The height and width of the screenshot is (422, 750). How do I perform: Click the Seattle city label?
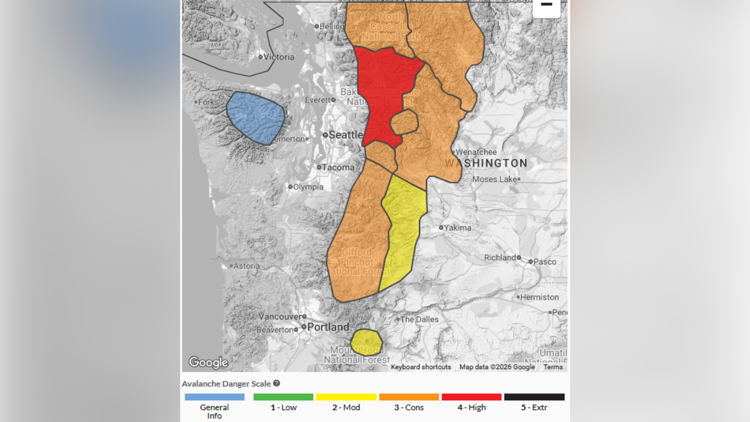pos(346,135)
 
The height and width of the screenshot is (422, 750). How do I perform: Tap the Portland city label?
pos(328,327)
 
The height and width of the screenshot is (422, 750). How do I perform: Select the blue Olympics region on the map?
pos(255,117)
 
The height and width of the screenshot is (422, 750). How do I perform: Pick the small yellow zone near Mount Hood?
pos(366,342)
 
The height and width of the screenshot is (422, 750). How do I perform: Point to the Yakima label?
pos(457,227)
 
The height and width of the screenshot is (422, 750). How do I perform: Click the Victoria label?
pos(279,57)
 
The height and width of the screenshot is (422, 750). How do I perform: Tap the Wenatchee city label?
pos(476,152)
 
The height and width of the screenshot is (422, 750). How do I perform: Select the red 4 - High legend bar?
pos(472,397)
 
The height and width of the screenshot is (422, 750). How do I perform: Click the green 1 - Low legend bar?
pos(284,397)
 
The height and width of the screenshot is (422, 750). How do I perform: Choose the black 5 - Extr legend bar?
pos(534,397)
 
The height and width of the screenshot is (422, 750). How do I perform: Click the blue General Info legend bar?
pos(214,397)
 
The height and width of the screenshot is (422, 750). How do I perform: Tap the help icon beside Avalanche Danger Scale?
pos(277,383)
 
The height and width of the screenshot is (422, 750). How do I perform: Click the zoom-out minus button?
pos(546,5)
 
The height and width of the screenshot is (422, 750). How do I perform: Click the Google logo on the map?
pos(208,363)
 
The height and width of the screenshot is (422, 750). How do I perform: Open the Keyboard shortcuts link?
pos(421,367)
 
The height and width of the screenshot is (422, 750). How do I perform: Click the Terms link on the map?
pos(553,367)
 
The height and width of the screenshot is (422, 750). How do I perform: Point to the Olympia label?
pos(308,187)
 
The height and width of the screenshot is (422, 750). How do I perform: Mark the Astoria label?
pos(247,266)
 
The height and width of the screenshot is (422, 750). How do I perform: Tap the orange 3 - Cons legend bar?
pos(409,397)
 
